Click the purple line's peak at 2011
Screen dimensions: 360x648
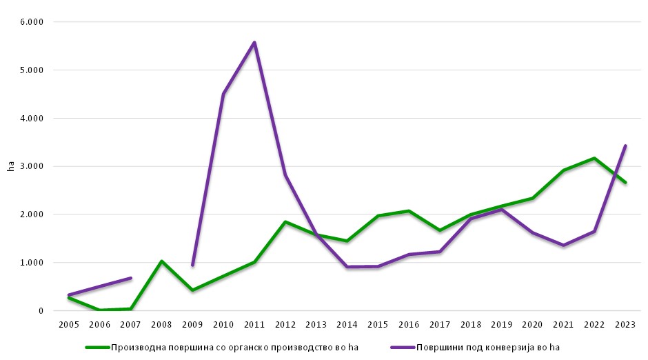pos(254,43)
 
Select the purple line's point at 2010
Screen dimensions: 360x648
pos(223,94)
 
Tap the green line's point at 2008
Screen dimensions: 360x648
pos(161,261)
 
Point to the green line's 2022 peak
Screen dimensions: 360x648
pos(594,158)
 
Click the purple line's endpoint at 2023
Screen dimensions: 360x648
pos(625,146)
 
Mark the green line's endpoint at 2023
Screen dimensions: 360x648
pos(625,183)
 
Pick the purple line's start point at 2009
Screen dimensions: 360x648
pos(192,265)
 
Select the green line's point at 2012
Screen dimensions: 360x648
pos(285,222)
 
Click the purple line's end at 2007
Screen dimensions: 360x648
pos(130,278)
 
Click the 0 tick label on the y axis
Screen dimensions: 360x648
pos(41,311)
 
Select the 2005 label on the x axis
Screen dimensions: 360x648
pos(69,324)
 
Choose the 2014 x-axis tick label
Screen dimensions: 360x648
pos(347,324)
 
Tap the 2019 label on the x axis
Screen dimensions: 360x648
pos(502,324)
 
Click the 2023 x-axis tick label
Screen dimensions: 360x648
pos(625,324)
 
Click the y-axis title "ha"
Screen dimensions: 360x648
pos(10,166)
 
